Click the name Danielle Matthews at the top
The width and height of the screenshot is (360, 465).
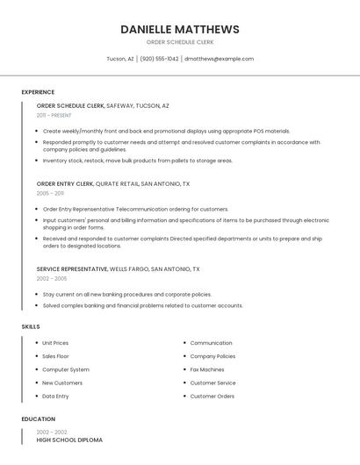(179, 29)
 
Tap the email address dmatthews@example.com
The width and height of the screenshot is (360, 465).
(219, 59)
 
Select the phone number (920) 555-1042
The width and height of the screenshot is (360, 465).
(159, 59)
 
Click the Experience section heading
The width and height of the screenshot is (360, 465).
(38, 92)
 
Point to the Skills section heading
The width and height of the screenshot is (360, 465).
(31, 326)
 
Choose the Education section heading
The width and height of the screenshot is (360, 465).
(39, 419)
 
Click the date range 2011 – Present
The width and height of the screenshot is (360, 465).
(54, 115)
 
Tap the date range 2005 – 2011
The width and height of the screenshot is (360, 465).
(50, 193)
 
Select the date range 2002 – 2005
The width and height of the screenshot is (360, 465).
(52, 278)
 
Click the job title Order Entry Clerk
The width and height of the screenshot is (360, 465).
(65, 184)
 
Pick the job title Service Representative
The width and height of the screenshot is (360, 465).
(72, 269)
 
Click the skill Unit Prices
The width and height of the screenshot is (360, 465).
(55, 343)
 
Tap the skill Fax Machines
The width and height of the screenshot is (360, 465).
(207, 369)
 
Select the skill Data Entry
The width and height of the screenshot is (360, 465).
(55, 396)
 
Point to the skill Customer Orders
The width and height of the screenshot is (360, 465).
(212, 396)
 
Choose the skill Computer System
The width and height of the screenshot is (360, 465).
(66, 369)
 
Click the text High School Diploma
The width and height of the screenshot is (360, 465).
(69, 440)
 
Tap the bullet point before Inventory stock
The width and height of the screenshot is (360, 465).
(36, 161)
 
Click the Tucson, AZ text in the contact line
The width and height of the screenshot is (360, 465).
(120, 59)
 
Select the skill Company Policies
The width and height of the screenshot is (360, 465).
(212, 356)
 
